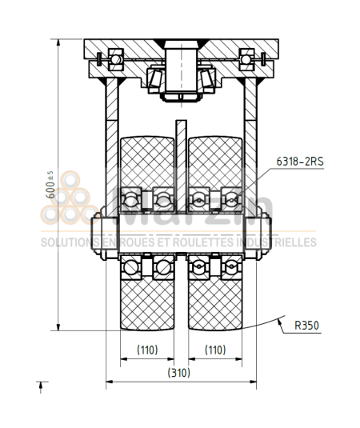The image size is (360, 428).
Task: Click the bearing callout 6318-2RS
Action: pyautogui.click(x=300, y=160)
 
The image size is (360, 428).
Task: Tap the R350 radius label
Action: pyautogui.click(x=307, y=325)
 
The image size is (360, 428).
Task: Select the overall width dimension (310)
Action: pyautogui.click(x=180, y=373)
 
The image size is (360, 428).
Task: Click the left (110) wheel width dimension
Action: pyautogui.click(x=146, y=350)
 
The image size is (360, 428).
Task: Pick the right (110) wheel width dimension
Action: pyautogui.click(x=214, y=350)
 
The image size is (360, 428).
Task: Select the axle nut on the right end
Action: pyautogui.click(x=262, y=235)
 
